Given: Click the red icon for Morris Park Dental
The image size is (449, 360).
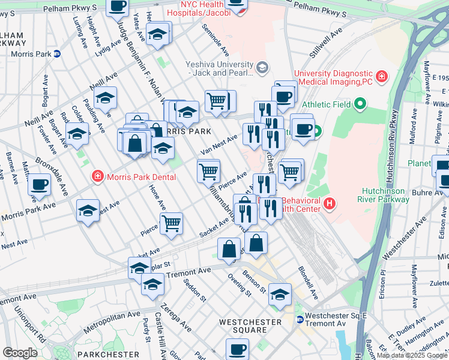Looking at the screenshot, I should [x=96, y=176].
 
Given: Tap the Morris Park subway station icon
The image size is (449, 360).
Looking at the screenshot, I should [x=56, y=53].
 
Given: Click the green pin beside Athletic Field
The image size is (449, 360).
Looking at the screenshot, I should [x=360, y=105].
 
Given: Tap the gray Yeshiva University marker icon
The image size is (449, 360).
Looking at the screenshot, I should [x=262, y=67].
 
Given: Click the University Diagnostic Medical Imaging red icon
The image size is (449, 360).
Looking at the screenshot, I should [x=381, y=77].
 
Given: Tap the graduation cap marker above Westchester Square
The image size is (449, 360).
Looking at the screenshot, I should [x=280, y=295].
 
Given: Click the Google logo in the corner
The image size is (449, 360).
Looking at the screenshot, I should [x=20, y=352].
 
